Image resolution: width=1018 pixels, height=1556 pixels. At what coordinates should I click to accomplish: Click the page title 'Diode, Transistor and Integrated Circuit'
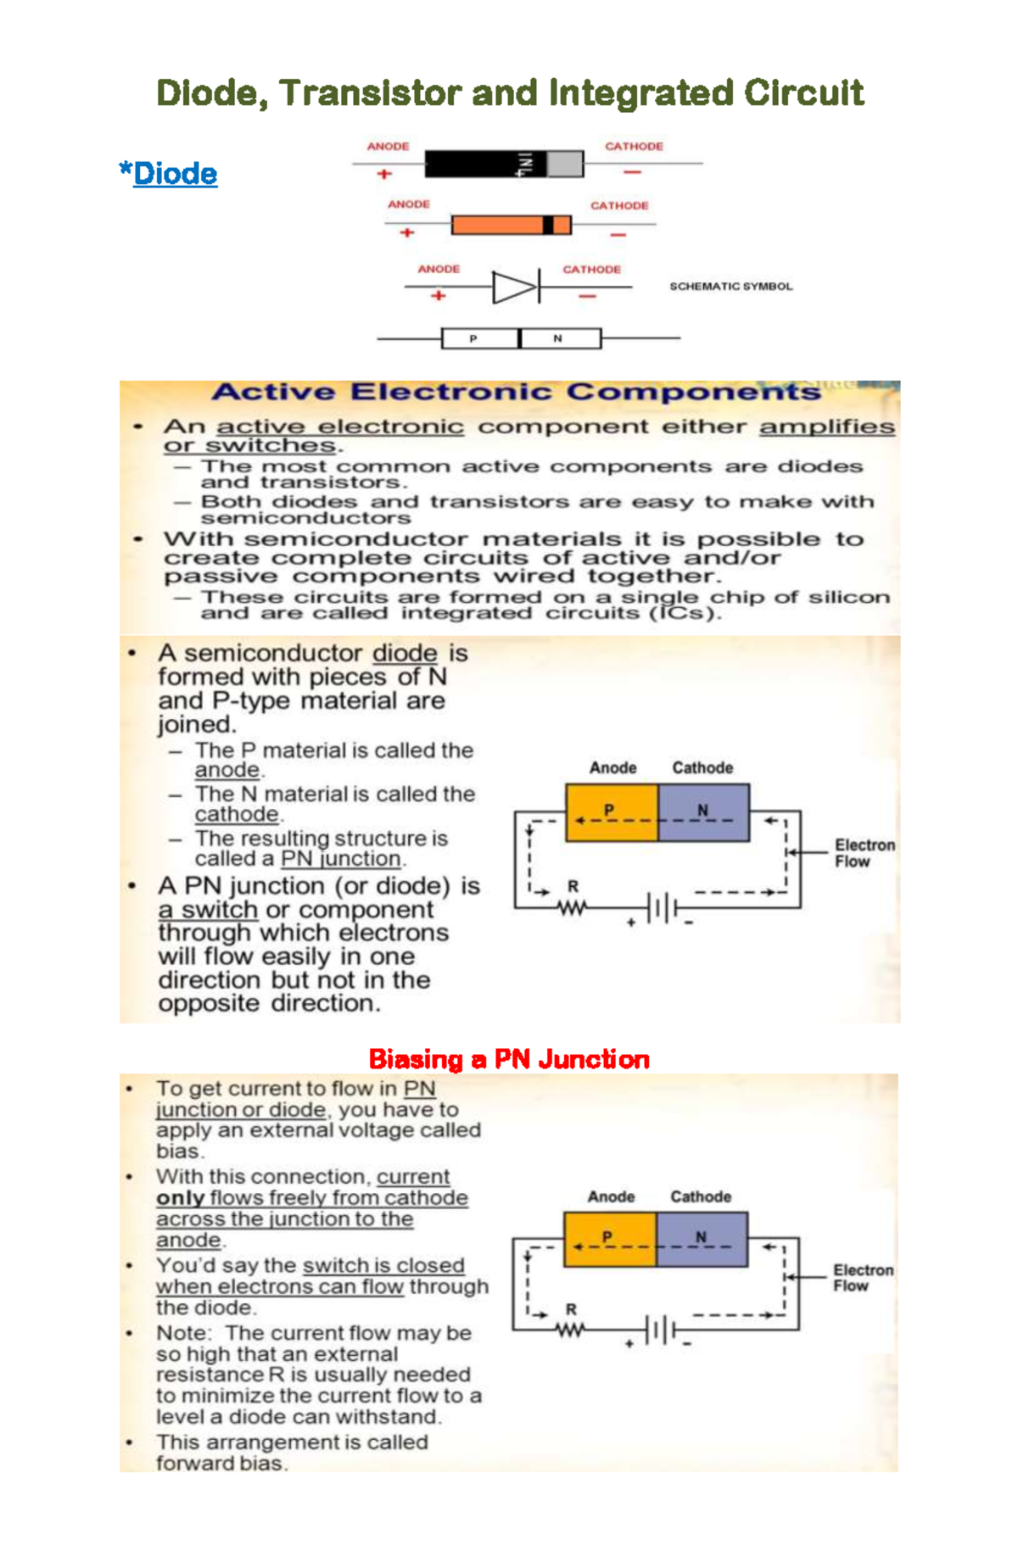pyautogui.click(x=510, y=92)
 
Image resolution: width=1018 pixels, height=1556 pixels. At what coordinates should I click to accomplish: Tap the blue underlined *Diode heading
pyautogui.click(x=169, y=174)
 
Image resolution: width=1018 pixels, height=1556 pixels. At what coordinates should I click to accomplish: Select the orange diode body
pyautogui.click(x=497, y=225)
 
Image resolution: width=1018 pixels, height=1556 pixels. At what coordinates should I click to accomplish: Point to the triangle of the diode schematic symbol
pyautogui.click(x=512, y=287)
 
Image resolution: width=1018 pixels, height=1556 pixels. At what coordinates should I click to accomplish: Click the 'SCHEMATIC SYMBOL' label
pyautogui.click(x=731, y=287)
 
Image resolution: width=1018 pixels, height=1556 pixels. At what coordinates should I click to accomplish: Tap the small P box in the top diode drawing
pyautogui.click(x=479, y=338)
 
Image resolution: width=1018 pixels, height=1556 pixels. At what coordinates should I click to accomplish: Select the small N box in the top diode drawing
pyautogui.click(x=561, y=338)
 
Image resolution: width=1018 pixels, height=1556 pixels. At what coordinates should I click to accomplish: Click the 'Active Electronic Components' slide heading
pyautogui.click(x=516, y=392)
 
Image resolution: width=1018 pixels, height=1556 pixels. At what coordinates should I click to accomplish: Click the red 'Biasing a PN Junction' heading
pyautogui.click(x=509, y=1059)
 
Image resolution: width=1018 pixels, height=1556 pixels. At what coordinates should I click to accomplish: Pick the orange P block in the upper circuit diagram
pyautogui.click(x=612, y=812)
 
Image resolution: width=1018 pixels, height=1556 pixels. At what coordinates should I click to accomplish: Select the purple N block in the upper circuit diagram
pyautogui.click(x=703, y=812)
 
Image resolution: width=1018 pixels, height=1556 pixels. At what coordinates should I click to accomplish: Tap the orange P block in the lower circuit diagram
pyautogui.click(x=610, y=1239)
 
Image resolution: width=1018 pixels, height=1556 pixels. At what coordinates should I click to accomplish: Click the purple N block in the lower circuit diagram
pyautogui.click(x=702, y=1239)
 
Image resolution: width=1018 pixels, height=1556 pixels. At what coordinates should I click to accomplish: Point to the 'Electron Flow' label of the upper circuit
pyautogui.click(x=864, y=853)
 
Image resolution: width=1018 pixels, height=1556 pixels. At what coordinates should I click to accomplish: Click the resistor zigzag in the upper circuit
pyautogui.click(x=573, y=908)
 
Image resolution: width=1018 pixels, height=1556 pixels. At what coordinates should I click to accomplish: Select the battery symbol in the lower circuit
pyautogui.click(x=660, y=1330)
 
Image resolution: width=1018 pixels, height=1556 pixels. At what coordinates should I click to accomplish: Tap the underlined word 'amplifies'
pyautogui.click(x=826, y=427)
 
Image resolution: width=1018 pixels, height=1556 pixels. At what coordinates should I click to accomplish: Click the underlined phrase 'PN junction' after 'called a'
pyautogui.click(x=340, y=859)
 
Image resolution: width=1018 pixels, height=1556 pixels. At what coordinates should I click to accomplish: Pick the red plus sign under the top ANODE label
pyautogui.click(x=384, y=174)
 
